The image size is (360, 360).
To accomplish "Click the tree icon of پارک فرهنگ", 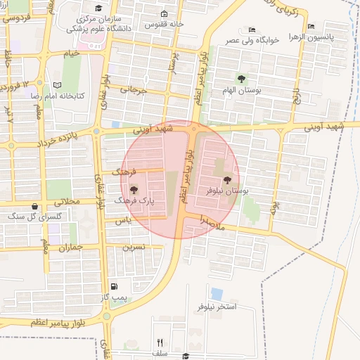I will (x=133, y=189).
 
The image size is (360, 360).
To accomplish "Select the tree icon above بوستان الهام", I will (x=241, y=79).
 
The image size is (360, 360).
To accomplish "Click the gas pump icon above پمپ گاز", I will (x=114, y=287).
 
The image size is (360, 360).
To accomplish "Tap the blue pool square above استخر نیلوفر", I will (x=217, y=294).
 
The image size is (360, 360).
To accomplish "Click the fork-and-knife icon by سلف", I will (x=160, y=342).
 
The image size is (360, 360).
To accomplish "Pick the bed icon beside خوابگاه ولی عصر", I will (x=252, y=30).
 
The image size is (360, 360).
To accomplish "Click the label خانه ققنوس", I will (x=184, y=24).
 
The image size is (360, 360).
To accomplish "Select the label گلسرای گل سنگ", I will (x=34, y=217).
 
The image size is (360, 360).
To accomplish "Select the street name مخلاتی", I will (x=69, y=201).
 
